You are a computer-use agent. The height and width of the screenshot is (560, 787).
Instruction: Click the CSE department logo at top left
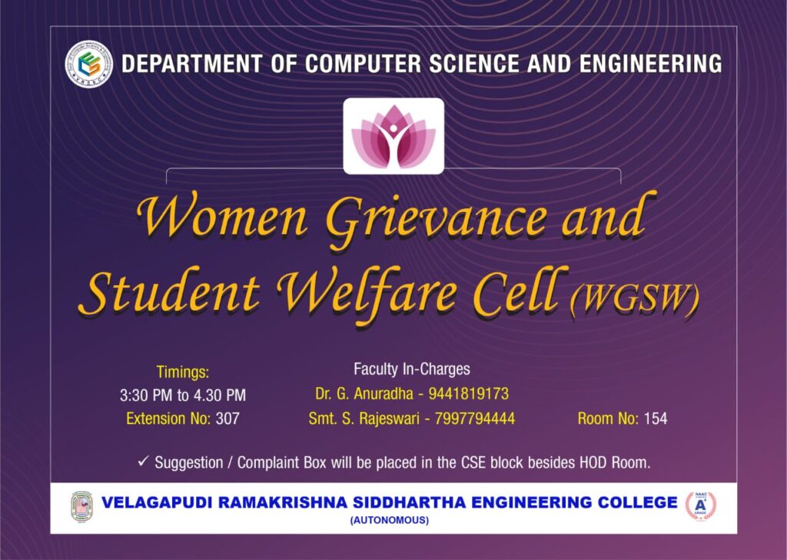coord(89,65)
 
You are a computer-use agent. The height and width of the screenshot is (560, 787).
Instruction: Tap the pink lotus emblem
coord(393,137)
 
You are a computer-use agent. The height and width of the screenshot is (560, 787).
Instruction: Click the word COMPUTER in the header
coord(363,65)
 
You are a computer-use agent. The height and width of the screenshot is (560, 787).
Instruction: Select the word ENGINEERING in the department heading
coord(650,65)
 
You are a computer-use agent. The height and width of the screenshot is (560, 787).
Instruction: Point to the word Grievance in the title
coord(435,219)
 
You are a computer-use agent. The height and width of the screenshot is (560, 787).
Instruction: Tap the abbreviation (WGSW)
coord(634,300)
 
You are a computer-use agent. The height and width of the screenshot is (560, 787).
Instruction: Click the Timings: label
coord(183,373)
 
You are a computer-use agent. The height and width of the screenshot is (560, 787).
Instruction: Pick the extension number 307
coord(227,419)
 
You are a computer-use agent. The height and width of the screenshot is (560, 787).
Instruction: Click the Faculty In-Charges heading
coord(412,369)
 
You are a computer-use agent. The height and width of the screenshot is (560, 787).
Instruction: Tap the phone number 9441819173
coord(468,394)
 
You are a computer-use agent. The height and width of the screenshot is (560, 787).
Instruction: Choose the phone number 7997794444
coord(475,419)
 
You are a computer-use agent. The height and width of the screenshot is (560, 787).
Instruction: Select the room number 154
coord(656,419)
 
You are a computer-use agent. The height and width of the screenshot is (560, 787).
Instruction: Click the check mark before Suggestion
coord(144,461)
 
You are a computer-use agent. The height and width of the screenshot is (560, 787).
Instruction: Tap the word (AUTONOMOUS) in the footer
coord(390,520)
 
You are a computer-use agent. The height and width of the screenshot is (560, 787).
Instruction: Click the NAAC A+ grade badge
coord(701,505)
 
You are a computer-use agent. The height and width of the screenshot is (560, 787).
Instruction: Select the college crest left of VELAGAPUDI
coord(81,505)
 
